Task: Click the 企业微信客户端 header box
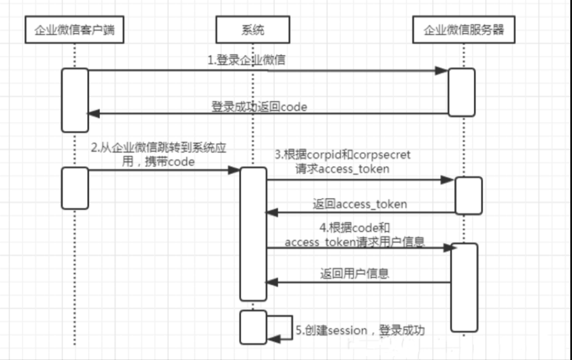click(74, 30)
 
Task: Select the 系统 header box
click(252, 30)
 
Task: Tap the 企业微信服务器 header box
click(464, 30)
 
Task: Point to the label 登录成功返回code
click(259, 106)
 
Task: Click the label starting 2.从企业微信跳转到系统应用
click(160, 155)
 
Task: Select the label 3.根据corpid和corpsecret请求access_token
click(342, 162)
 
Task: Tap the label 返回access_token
click(359, 204)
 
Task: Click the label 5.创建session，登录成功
click(360, 330)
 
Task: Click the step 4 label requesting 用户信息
click(354, 235)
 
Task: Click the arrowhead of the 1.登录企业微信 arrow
click(442, 70)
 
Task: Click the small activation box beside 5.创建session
click(253, 327)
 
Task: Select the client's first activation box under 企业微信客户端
click(75, 100)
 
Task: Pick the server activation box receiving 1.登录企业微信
click(461, 92)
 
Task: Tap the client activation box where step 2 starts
click(75, 188)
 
